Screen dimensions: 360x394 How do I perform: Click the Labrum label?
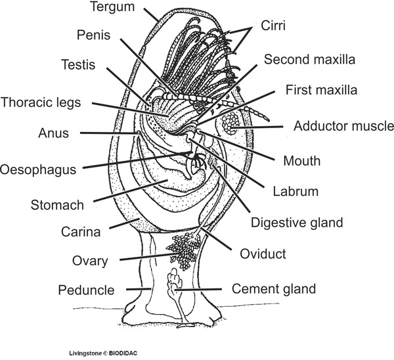point(294,192)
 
